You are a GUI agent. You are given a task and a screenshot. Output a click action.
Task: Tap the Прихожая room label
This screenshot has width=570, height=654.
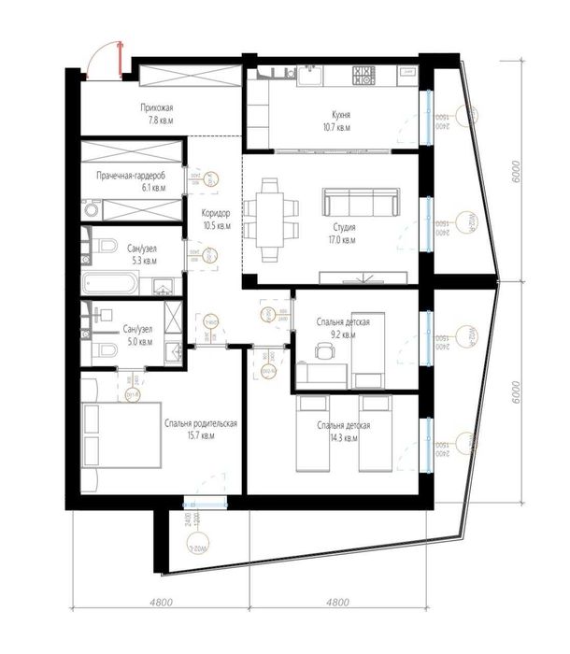point(152,113)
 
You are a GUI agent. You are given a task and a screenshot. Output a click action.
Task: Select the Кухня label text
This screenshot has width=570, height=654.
point(332,118)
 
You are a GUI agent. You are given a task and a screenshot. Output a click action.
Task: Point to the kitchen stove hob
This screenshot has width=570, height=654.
point(363,75)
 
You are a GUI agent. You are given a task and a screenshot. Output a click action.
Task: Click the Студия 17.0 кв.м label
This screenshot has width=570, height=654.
point(342,232)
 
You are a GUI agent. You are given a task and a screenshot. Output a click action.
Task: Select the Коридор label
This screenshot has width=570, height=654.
point(216,218)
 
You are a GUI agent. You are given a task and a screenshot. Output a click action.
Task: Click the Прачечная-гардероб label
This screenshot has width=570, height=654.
point(132,181)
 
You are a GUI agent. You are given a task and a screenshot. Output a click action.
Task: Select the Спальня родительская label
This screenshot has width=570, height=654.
point(201,429)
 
